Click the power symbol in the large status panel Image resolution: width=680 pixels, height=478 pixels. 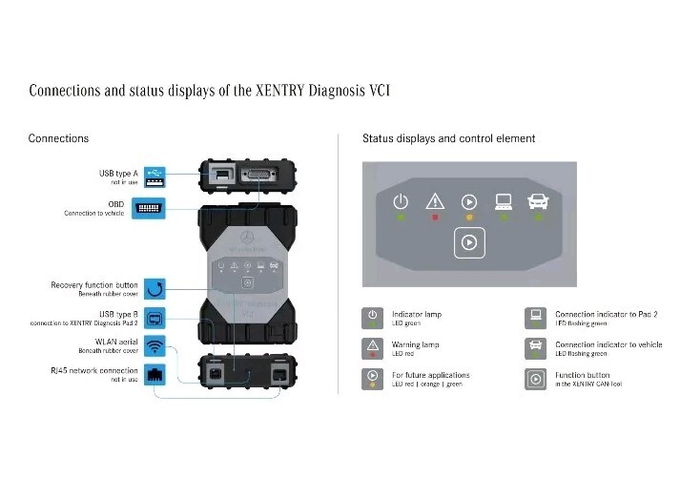click(402, 201)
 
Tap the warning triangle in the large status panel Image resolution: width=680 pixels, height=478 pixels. click(435, 201)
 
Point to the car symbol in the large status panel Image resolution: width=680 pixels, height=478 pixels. click(539, 201)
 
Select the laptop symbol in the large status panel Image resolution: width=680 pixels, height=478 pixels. click(504, 201)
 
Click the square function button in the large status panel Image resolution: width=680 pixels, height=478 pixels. click(469, 242)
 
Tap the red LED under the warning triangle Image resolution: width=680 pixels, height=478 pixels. click(435, 218)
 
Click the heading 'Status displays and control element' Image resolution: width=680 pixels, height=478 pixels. click(448, 138)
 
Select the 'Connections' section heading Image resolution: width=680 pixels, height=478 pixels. click(58, 138)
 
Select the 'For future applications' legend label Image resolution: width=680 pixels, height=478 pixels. click(431, 375)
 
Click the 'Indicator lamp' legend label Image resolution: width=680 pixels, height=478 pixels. click(418, 314)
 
